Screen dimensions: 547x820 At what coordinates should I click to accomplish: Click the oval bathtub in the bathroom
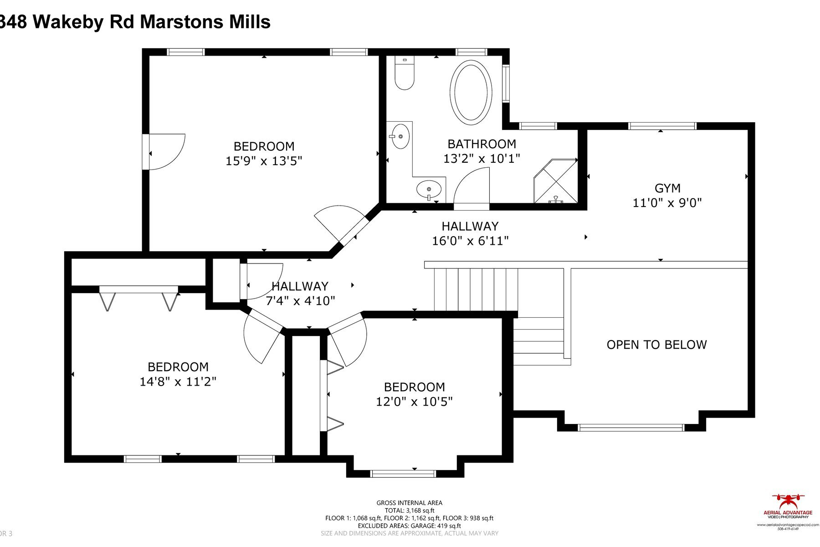click(x=471, y=93)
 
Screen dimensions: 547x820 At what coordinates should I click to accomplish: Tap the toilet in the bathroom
click(x=404, y=76)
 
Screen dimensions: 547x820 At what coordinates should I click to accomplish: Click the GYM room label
click(x=667, y=188)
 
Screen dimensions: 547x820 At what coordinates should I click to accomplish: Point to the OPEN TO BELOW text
click(x=656, y=345)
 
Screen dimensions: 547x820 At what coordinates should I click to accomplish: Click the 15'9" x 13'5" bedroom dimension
click(x=264, y=161)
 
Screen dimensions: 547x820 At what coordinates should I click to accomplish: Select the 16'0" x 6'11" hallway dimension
click(x=470, y=241)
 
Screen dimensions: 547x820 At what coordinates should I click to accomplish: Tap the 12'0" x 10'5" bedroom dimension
click(x=414, y=402)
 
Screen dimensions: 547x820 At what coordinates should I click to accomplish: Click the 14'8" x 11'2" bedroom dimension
click(x=178, y=382)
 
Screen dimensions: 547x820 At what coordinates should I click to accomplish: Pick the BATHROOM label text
click(x=482, y=144)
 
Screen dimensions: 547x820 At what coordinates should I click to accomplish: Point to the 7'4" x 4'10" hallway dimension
click(x=300, y=301)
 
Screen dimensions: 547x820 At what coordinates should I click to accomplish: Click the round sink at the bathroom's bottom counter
click(x=429, y=188)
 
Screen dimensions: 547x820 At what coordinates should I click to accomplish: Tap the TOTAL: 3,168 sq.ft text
click(x=409, y=511)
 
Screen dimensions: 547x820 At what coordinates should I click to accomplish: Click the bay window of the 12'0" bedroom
click(x=404, y=474)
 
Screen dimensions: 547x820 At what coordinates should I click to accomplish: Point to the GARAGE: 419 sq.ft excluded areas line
click(x=409, y=526)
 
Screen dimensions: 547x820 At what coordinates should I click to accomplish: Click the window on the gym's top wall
click(x=662, y=126)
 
